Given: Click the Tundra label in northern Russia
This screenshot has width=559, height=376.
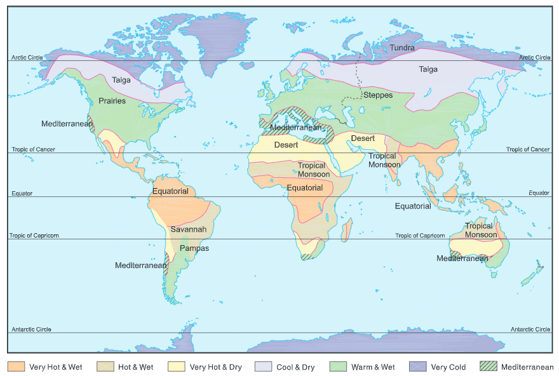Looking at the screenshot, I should tap(402, 48).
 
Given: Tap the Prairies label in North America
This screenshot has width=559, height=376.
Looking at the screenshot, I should tap(112, 101).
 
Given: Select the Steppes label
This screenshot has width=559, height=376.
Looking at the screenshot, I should tap(378, 95).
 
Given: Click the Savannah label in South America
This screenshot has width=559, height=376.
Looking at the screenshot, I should tap(188, 229).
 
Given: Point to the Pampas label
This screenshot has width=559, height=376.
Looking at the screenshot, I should tap(194, 248).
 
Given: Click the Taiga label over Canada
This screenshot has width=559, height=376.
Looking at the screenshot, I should tap(121, 81).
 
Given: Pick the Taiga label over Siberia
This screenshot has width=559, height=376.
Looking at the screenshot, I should tap(428, 70).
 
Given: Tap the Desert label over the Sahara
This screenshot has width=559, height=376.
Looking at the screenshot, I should tap(286, 145).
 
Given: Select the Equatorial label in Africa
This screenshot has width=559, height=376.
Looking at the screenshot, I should tap(305, 188).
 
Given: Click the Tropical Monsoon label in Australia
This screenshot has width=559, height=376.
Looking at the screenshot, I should tap(481, 230).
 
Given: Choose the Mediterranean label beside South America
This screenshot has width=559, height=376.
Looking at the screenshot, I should tap(140, 265).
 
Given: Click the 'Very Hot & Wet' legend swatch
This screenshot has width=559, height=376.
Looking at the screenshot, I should tap(16, 367).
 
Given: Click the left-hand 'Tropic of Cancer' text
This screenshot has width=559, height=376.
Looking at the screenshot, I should tap(33, 150).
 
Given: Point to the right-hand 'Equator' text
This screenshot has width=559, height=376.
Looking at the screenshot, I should tap(539, 193).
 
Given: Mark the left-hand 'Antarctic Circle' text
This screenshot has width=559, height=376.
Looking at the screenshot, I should tap(31, 330).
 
